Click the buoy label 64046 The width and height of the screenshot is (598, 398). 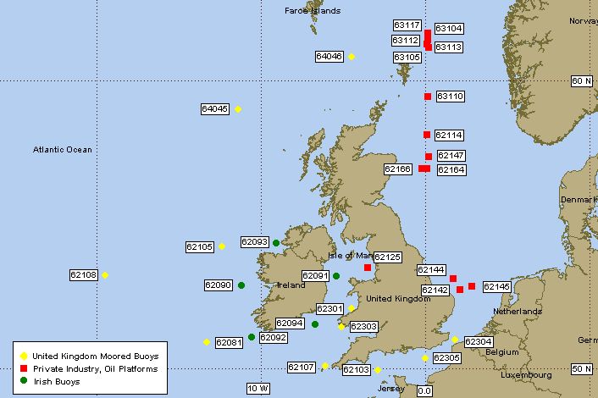pos(329,57)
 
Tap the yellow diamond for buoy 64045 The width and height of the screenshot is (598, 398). pos(238,109)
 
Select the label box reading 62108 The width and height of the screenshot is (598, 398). pos(83,275)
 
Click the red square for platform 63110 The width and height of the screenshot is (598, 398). pos(428,97)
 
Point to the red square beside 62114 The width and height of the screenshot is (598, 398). pos(427,135)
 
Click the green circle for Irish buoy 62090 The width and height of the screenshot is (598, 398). pos(241,285)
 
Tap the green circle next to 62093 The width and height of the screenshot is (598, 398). pos(276,243)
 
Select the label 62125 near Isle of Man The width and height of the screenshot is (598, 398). pos(387,257)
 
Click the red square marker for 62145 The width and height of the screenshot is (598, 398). pos(472,286)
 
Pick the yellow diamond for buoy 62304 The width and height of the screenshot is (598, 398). pos(455,340)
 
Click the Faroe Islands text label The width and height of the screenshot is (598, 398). pos(313,11)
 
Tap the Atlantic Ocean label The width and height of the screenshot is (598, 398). pos(62,150)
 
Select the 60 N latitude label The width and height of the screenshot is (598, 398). pos(580,80)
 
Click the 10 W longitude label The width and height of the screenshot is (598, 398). pos(257,389)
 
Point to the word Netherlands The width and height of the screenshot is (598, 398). pos(518,312)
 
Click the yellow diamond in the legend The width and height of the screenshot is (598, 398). pos(25,357)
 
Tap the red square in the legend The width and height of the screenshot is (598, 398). pos(25,369)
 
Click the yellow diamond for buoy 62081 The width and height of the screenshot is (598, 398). pos(207,342)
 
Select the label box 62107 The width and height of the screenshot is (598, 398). pos(301,368)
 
